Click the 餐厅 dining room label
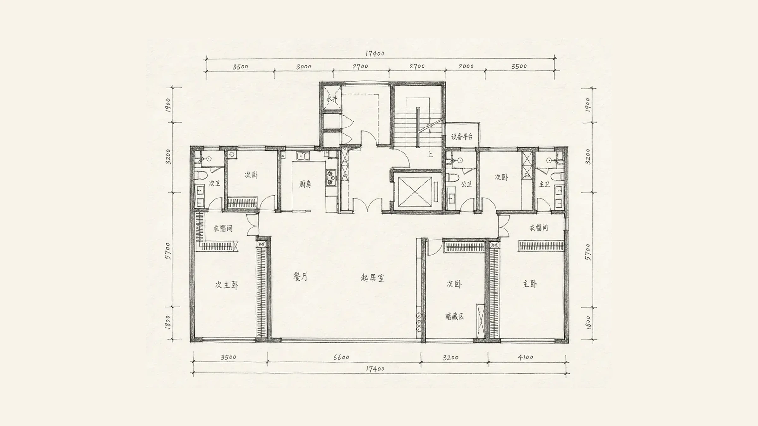tap(300, 277)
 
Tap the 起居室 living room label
tap(373, 278)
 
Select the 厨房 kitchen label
tap(305, 184)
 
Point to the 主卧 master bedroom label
tap(530, 284)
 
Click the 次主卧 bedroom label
tap(226, 285)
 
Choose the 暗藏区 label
tap(454, 317)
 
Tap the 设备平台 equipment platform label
tap(462, 137)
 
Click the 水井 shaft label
tap(332, 99)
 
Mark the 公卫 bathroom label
tap(466, 184)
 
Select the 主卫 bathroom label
tap(544, 184)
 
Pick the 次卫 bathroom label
tap(214, 183)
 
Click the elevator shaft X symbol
tap(415, 192)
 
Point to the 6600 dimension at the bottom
tap(341, 357)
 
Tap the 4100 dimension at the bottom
tap(526, 357)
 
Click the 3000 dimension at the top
tap(304, 67)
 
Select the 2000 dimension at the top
tap(466, 66)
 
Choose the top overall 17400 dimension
tap(375, 54)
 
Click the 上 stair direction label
tap(430, 155)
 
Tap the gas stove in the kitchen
tap(331, 178)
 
